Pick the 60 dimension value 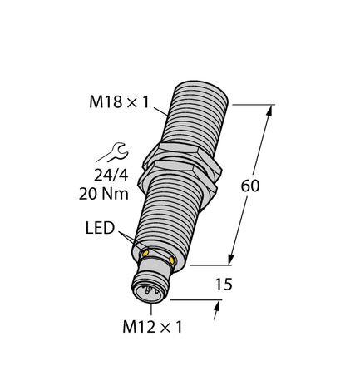click(x=249, y=186)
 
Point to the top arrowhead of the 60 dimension click(x=272, y=110)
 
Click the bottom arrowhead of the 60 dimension click(x=229, y=260)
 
